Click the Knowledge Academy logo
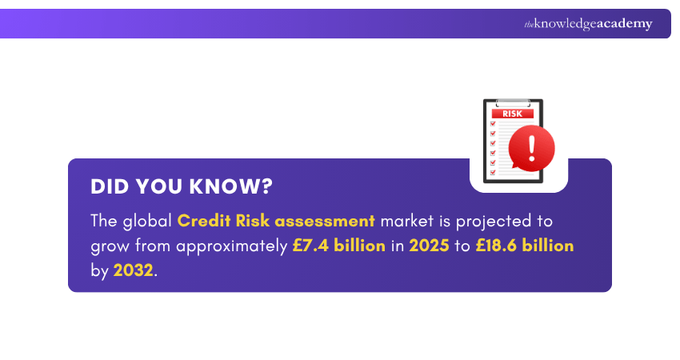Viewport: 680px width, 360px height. tap(588, 24)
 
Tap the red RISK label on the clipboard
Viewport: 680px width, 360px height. tap(512, 114)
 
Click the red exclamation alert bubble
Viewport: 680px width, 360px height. tap(530, 148)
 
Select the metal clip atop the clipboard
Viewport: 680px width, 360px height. tap(512, 102)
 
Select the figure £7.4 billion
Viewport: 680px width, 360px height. tap(338, 246)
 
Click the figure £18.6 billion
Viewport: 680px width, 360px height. tap(525, 246)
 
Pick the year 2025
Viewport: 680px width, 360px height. tap(430, 246)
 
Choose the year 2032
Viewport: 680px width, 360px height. tap(133, 270)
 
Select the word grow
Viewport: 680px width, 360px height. tap(107, 246)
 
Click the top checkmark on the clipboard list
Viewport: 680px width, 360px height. tap(493, 123)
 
